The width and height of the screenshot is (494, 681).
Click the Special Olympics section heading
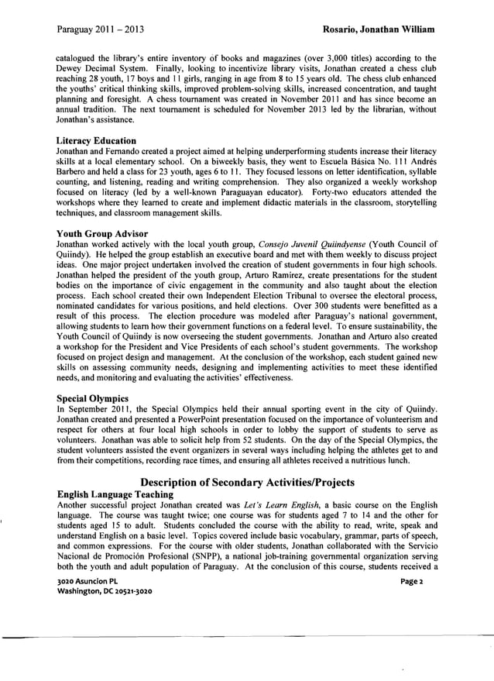(91, 397)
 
